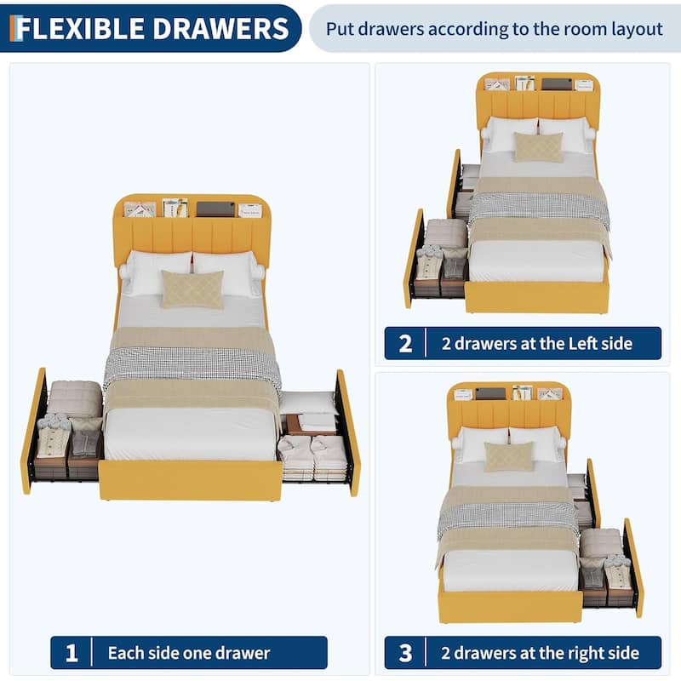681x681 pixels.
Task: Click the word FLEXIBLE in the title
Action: [x=79, y=29]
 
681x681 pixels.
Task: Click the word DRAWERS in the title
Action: [x=220, y=29]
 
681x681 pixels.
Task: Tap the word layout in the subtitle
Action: [x=637, y=29]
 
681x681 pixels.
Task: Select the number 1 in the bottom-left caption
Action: [x=72, y=653]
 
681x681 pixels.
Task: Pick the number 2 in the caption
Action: [x=405, y=344]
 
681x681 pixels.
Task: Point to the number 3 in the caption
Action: [x=405, y=653]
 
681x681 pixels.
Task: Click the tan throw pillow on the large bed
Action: [x=192, y=289]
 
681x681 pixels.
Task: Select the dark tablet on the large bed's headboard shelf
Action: [x=216, y=209]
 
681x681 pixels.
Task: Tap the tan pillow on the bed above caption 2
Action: [x=538, y=147]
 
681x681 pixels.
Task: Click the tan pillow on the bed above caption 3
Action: [x=508, y=456]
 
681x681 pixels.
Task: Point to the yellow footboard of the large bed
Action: [x=191, y=480]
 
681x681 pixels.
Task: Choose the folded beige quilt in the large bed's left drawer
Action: [x=75, y=398]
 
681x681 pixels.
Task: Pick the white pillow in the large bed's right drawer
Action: [x=307, y=403]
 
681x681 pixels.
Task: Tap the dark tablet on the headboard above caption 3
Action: [x=491, y=394]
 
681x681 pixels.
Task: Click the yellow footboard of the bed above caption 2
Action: [x=537, y=297]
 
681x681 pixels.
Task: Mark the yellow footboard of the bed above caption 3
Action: [x=510, y=606]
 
